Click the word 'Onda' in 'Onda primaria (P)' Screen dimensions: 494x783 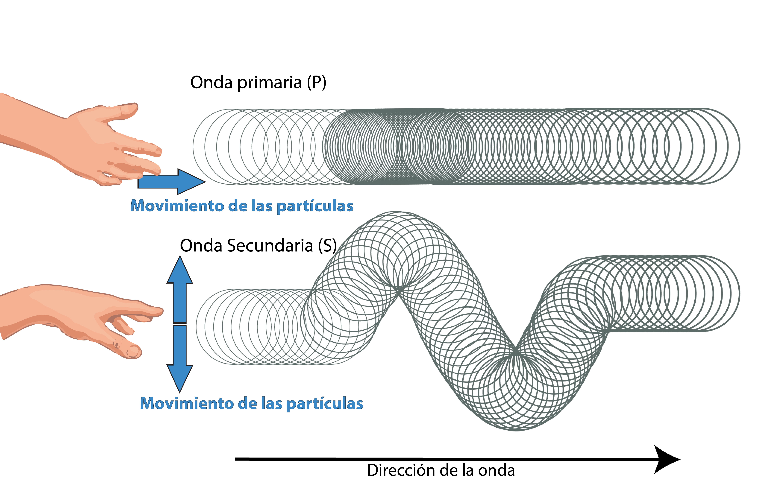[211, 83]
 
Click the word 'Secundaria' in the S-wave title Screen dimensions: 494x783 [270, 246]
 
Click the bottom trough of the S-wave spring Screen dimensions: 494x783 [516, 429]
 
